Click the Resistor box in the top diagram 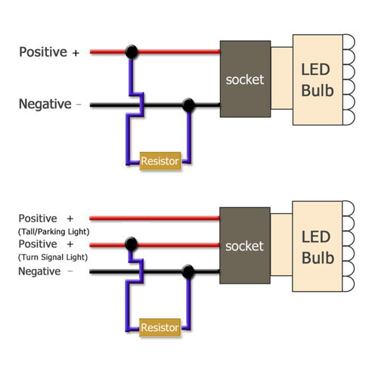[x=160, y=161]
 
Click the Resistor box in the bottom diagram [x=160, y=328]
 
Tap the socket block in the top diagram [x=244, y=79]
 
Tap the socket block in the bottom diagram [x=244, y=246]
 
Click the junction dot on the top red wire [x=132, y=52]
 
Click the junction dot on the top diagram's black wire [x=188, y=104]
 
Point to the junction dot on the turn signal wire [x=132, y=244]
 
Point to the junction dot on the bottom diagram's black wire [x=188, y=271]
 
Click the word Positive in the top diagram [x=43, y=52]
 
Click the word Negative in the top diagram [x=45, y=104]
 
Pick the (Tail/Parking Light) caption [x=54, y=231]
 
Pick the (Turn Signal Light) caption [x=52, y=258]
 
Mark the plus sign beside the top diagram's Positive [x=76, y=53]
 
